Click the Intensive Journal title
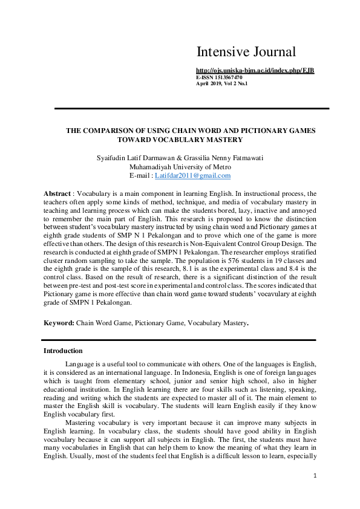pos(246,52)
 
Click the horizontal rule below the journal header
pos(192,109)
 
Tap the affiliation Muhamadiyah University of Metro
pos(180,167)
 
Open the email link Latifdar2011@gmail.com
pos(193,175)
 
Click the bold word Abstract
pos(57,193)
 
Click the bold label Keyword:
pos(59,323)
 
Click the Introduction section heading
pos(63,351)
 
